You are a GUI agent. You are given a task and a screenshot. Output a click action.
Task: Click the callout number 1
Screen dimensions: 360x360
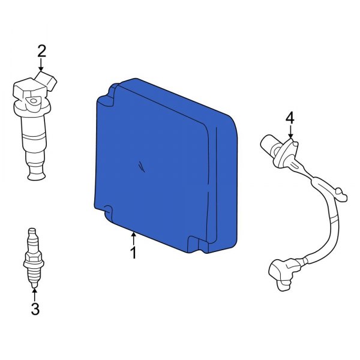tap(133, 253)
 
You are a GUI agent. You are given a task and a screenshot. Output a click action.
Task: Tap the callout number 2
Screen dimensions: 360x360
tap(41, 51)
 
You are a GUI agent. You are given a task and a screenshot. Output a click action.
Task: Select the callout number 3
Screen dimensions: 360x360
tap(35, 309)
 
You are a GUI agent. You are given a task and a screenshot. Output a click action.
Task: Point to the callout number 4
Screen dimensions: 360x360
tap(290, 118)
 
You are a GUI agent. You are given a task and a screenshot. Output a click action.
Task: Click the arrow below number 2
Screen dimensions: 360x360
tap(41, 65)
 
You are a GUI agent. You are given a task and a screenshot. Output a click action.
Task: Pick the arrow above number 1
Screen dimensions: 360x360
tap(133, 239)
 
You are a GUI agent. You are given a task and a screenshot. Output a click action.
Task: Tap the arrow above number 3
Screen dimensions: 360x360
tap(35, 295)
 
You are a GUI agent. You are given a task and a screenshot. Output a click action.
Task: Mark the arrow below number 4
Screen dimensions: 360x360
tap(290, 131)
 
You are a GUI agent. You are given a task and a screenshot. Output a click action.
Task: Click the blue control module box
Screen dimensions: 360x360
tap(166, 166)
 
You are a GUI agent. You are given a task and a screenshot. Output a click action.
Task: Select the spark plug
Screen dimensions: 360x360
tap(34, 257)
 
